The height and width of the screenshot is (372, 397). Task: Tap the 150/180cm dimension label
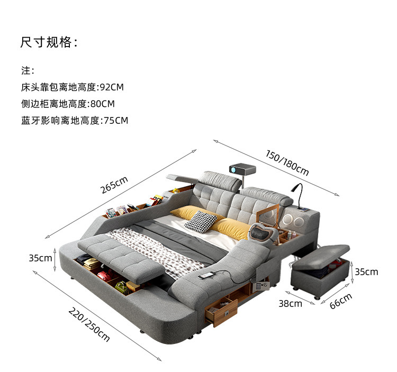(287, 163)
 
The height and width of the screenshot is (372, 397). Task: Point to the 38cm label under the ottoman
(290, 303)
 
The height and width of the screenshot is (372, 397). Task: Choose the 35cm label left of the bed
(40, 258)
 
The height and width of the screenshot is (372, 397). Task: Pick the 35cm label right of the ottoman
(366, 271)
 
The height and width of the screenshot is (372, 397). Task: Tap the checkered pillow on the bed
(200, 220)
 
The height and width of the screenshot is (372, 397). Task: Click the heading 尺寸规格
(49, 42)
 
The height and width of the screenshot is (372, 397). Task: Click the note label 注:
(28, 70)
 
